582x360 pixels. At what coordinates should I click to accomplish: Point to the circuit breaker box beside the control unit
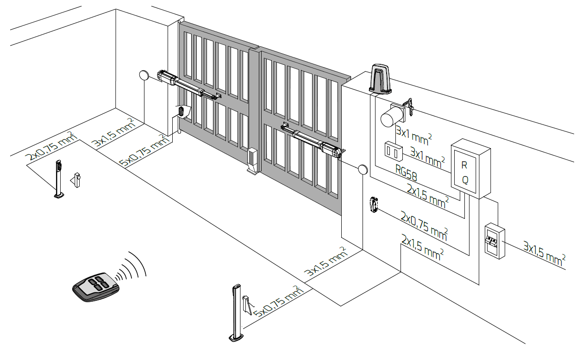click(494, 241)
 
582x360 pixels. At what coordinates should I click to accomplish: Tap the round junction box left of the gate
click(144, 75)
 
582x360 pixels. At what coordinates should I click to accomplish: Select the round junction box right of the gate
click(363, 170)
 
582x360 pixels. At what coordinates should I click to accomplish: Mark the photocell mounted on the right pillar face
click(373, 205)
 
